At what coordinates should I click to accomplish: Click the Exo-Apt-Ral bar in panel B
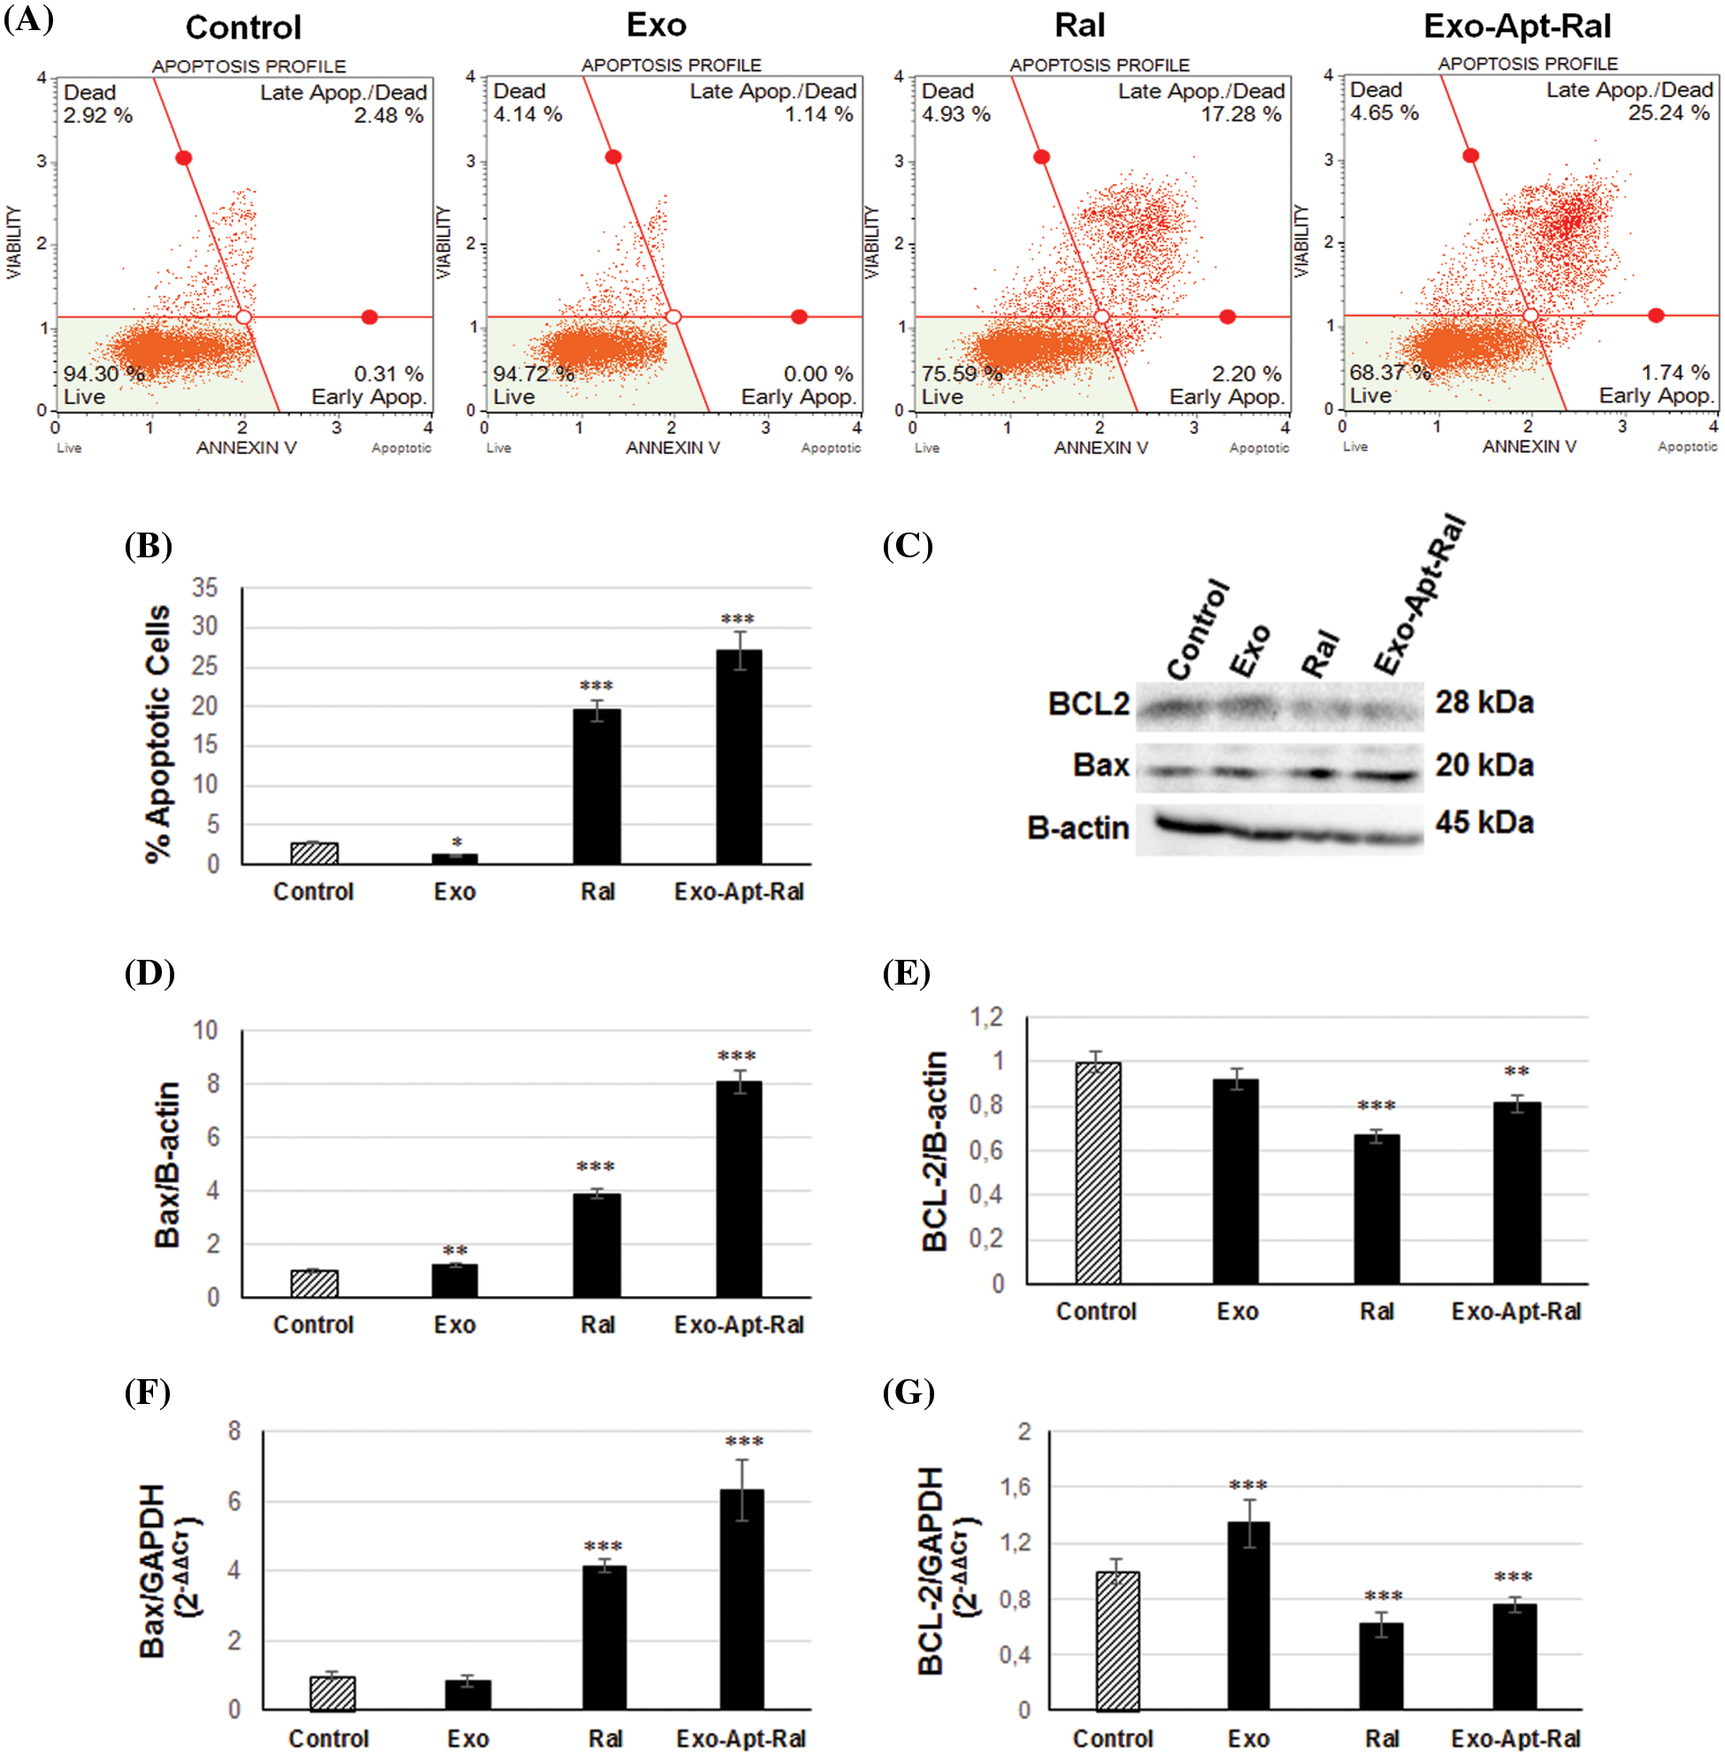(x=739, y=756)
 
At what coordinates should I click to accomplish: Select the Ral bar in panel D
(x=596, y=1245)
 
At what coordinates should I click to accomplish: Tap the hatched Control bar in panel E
(x=1097, y=1172)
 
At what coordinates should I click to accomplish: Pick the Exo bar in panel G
(x=1247, y=1614)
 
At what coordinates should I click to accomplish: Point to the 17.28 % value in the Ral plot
(x=1240, y=114)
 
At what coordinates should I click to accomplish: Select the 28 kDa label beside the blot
(x=1483, y=702)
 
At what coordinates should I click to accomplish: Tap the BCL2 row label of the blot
(x=1088, y=704)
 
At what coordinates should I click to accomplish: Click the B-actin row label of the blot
(x=1077, y=827)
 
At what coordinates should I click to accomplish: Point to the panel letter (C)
(x=907, y=546)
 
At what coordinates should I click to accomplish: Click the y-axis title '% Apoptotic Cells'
(x=157, y=733)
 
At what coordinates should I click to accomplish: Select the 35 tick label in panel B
(x=204, y=588)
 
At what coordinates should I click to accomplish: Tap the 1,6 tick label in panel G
(x=1014, y=1486)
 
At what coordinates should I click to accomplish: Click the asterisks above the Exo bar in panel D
(x=455, y=1250)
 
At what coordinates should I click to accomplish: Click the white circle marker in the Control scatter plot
(x=242, y=317)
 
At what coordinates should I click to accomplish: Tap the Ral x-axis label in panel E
(x=1376, y=1311)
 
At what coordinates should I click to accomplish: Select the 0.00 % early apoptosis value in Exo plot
(x=818, y=373)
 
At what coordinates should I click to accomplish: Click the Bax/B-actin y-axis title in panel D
(x=167, y=1164)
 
